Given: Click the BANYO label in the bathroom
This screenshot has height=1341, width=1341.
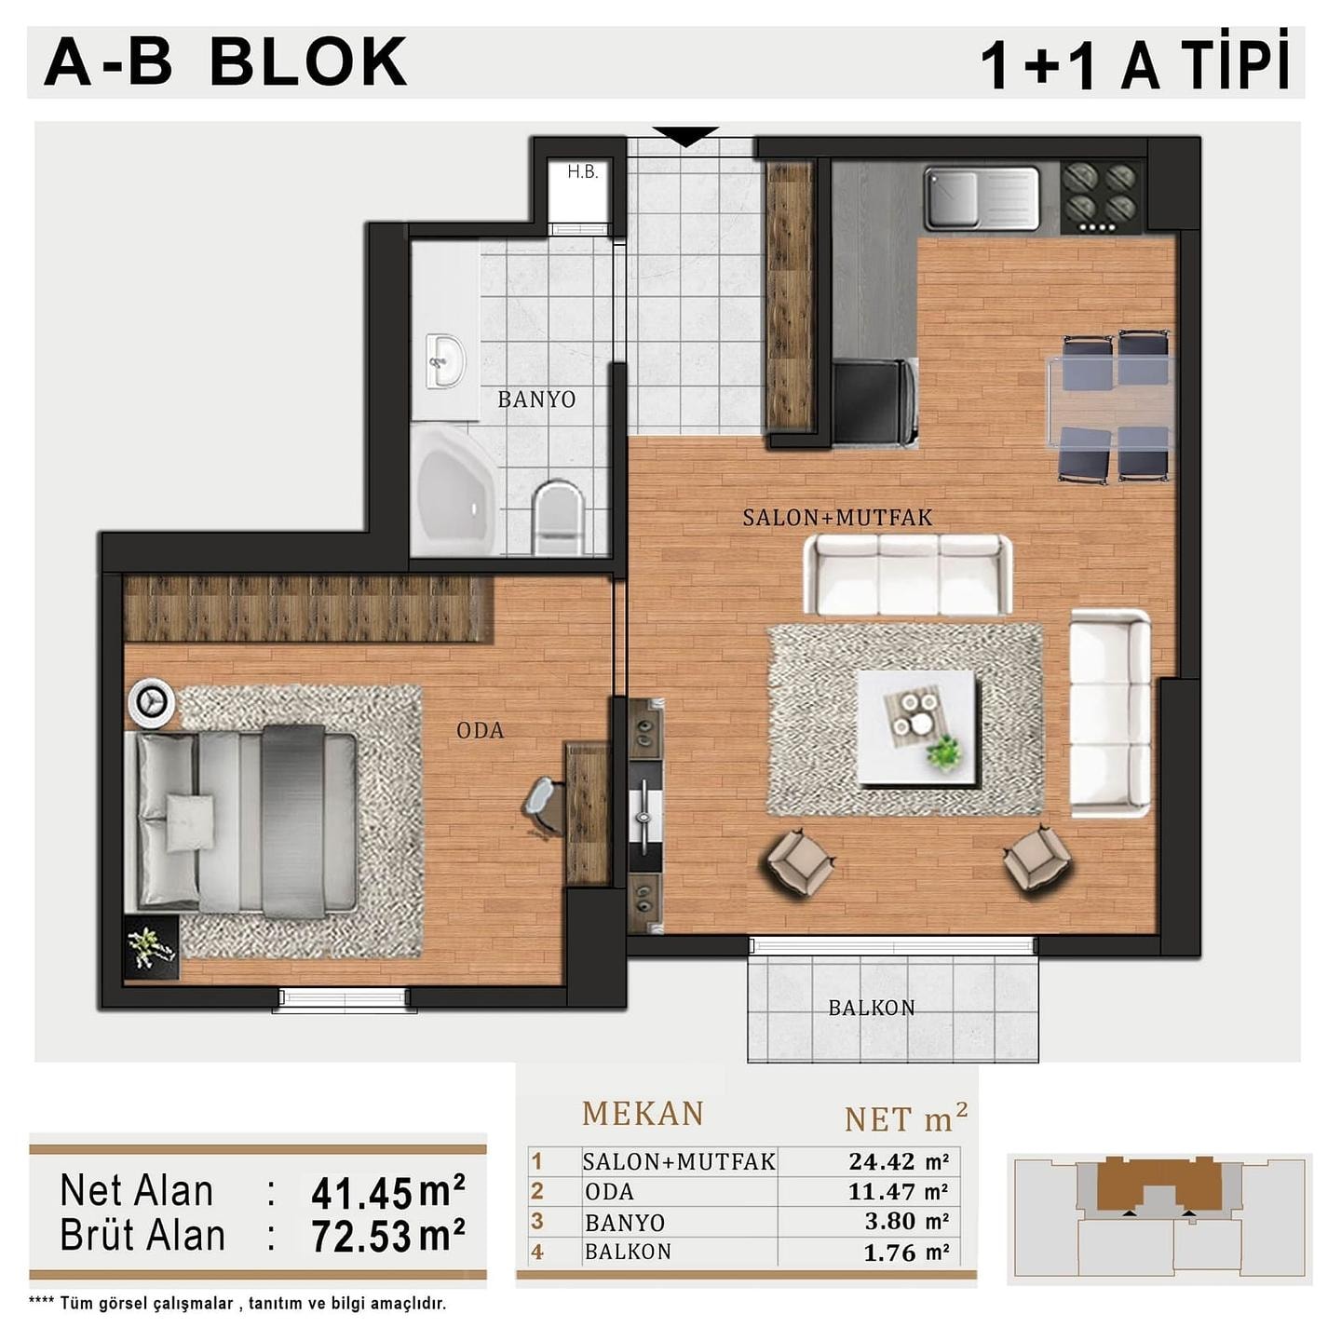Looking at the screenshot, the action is coord(536,400).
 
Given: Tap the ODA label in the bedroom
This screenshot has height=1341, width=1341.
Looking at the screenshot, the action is coord(481,730).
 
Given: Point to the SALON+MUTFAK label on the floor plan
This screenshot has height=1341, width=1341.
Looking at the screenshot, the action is coord(837,518).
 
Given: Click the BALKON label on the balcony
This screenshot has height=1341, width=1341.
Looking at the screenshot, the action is coord(872,1008).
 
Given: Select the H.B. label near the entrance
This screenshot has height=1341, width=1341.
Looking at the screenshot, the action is coord(582,171).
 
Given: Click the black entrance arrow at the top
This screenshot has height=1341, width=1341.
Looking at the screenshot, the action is coord(685,136).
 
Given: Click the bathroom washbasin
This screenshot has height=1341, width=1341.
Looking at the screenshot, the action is coord(445,362).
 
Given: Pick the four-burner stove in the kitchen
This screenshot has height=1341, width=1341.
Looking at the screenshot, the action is coord(1102,196).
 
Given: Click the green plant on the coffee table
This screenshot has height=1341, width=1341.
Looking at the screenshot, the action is coord(944,752).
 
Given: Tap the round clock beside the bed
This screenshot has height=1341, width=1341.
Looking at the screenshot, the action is coord(151,700).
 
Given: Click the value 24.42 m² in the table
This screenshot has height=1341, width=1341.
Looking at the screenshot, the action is coord(899,1161).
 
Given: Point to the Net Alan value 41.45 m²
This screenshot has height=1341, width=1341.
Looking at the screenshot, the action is coord(387,1193).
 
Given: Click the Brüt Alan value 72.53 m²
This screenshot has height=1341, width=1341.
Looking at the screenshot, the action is coord(387,1236).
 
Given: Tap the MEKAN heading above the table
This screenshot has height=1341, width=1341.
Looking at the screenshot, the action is coord(643,1114).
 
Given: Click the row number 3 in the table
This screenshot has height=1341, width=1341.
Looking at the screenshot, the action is coord(536,1221).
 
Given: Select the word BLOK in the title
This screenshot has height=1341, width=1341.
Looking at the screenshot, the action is coord(308,62).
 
